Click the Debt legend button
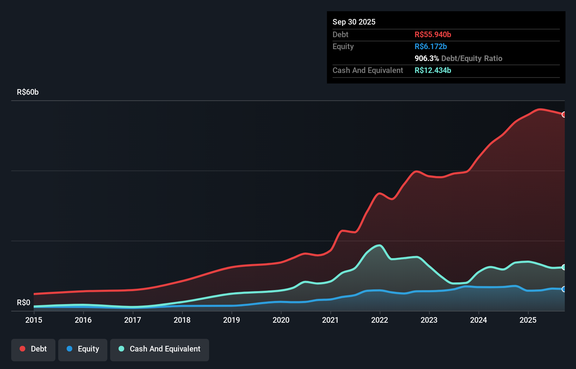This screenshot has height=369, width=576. point(33,349)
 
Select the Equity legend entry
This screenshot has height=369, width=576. point(83,349)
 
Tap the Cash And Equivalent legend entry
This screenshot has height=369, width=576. point(160,349)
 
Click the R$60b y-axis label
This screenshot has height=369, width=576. point(28,92)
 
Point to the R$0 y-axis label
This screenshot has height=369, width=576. point(24,303)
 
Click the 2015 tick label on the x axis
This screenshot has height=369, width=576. point(34,320)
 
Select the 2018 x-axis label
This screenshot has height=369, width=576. point(182,320)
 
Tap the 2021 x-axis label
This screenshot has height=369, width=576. point(330,320)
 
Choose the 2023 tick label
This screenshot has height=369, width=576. point(429,320)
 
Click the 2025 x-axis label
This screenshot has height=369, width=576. point(528,320)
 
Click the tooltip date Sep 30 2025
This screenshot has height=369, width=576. point(354,22)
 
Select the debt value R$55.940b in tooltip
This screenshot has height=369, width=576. point(433,35)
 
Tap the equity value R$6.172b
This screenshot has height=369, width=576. point(431,47)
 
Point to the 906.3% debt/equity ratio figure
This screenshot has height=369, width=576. point(427,59)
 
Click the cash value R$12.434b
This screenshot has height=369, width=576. point(433,71)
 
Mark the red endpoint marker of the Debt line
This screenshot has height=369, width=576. point(564,115)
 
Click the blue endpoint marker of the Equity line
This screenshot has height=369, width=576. point(564,289)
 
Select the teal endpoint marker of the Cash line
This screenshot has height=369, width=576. point(564,267)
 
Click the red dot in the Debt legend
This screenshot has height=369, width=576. point(22,349)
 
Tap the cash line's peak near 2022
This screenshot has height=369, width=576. point(379,246)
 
